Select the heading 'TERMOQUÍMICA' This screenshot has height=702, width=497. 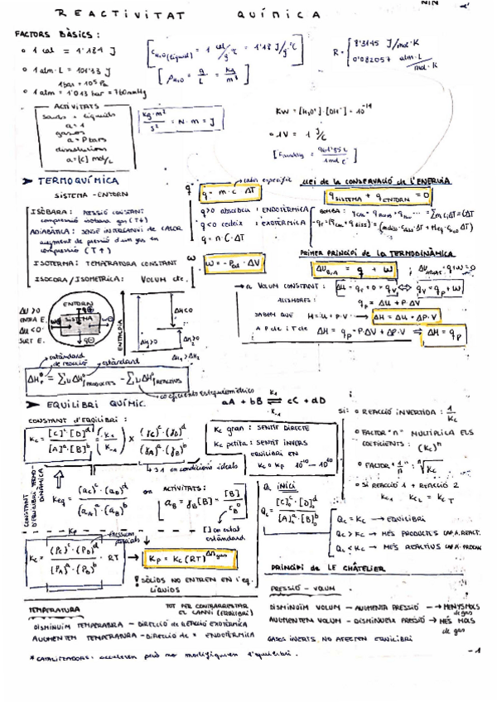(76, 180)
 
